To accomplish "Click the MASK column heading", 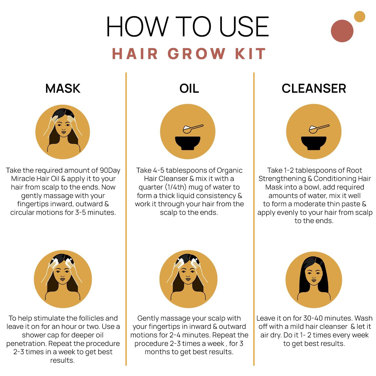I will pos(63,88).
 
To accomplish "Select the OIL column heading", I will pos(189,88).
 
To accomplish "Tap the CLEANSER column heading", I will pos(314,88).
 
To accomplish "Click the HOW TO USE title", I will pos(187,27).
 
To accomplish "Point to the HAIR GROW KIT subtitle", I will pos(189,54).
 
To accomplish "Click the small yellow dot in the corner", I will pos(359,17).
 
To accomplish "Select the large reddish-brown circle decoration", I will pos(342,31).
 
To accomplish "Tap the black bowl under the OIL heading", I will pos(187,143).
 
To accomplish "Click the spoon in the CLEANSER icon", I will pos(319,129).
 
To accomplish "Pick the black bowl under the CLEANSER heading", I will pos(314,143).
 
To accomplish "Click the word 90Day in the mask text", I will pos(110,170).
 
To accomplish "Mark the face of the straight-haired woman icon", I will pos(313,276).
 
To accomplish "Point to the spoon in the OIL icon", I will pos(193,129).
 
